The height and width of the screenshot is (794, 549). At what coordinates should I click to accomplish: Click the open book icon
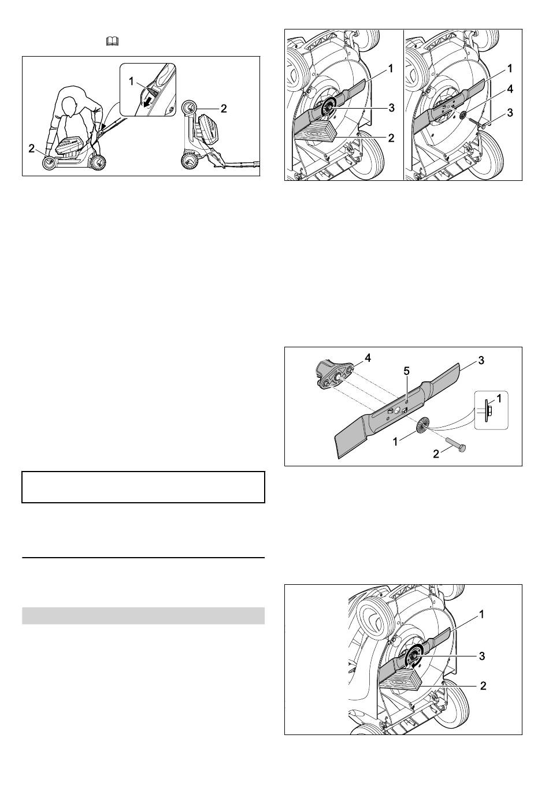112,42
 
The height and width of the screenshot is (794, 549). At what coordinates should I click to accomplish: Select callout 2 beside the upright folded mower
224,109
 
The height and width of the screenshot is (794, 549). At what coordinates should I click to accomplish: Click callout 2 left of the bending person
32,149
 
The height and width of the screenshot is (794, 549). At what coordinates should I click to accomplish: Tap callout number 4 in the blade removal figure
510,90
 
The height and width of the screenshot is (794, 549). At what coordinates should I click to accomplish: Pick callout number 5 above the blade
406,371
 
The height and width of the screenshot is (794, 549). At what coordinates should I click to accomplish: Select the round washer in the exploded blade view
422,425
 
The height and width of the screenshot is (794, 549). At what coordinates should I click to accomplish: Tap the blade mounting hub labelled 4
333,376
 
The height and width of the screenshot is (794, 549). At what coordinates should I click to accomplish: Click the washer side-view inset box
491,410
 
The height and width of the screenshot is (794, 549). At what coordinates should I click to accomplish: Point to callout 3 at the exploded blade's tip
481,361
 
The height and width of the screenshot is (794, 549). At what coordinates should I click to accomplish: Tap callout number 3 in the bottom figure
481,656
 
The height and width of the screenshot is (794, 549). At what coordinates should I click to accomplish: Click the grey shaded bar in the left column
143,615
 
